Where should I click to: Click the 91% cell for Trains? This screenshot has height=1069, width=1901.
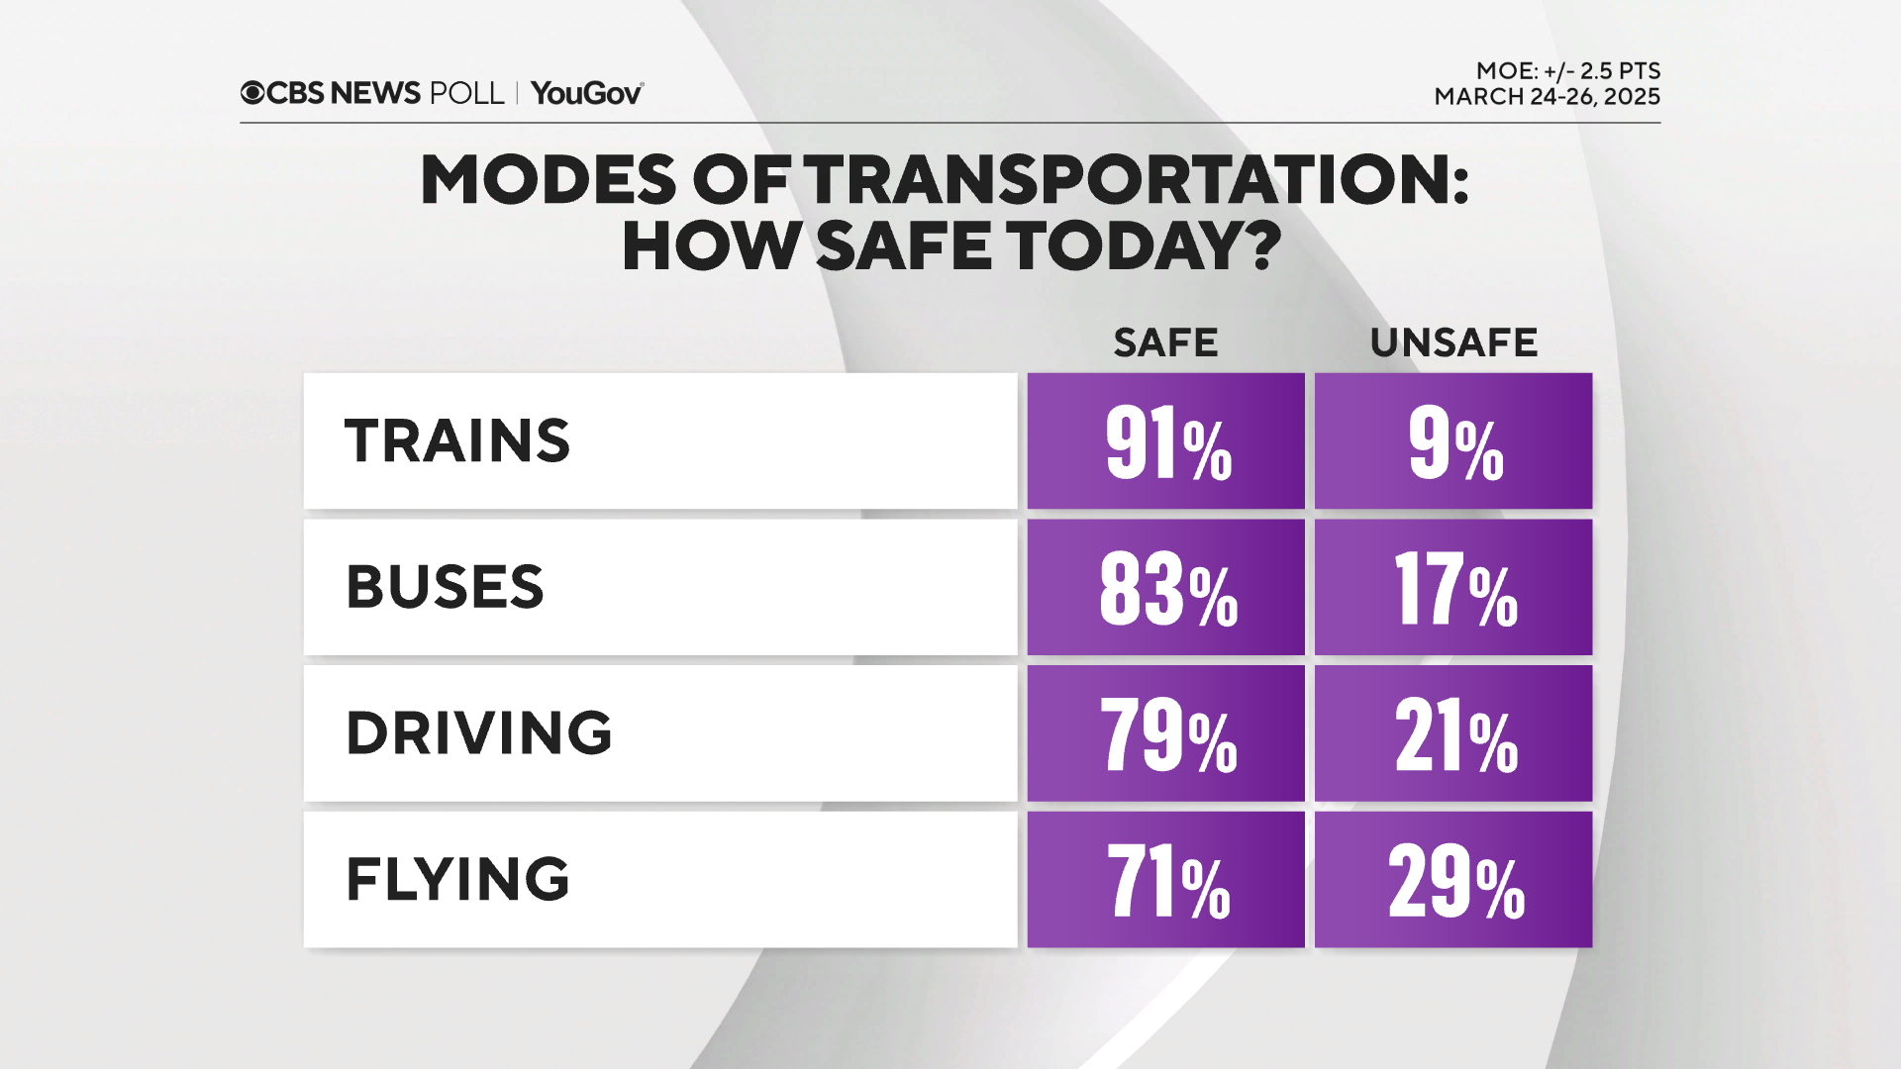[1165, 441]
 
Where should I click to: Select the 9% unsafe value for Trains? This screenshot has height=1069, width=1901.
[1453, 441]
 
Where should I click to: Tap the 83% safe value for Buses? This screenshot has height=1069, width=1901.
[1165, 588]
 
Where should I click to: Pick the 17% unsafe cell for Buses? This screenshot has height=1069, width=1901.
[1453, 588]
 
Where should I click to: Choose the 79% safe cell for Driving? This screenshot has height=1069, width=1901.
[1165, 733]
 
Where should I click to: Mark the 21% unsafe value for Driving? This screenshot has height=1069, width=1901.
[1453, 733]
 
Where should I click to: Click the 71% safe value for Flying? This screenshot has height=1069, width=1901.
[1165, 880]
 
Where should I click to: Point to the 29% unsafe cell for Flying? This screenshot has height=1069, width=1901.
[1453, 880]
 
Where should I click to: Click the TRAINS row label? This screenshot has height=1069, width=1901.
[457, 441]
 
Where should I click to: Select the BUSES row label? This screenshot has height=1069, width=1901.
[445, 587]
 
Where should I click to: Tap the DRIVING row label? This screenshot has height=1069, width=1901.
[478, 733]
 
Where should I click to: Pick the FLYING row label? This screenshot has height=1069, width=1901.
[457, 879]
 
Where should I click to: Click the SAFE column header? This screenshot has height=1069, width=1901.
[1165, 342]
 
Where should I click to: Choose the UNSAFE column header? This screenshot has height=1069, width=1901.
[1453, 342]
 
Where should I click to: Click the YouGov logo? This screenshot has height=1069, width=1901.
[586, 93]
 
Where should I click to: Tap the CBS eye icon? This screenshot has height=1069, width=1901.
[252, 93]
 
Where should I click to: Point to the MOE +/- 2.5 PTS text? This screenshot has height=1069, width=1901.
[1567, 71]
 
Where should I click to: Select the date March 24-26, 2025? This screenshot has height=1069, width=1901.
[1547, 97]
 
